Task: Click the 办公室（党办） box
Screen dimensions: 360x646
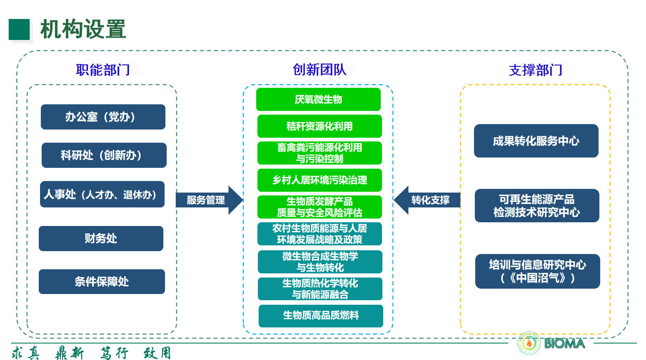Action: click(103, 117)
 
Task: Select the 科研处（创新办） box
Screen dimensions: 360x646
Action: click(104, 155)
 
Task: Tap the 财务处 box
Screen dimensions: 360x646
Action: click(101, 238)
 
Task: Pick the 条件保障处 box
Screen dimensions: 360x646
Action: click(102, 282)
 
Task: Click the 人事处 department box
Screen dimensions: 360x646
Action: click(102, 194)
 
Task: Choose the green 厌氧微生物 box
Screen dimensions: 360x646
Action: click(318, 99)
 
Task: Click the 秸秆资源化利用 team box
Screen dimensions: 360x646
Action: click(320, 126)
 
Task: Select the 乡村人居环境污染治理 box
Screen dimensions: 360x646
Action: click(320, 180)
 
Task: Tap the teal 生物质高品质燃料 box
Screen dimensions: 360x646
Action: click(321, 316)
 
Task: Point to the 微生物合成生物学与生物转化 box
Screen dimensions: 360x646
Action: click(320, 262)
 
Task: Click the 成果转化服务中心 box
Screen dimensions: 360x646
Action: click(536, 141)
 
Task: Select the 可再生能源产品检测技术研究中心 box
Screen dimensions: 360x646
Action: click(537, 206)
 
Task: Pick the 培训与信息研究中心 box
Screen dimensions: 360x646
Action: click(538, 271)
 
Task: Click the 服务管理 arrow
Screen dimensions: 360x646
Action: click(208, 200)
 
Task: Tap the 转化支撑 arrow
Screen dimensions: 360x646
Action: click(428, 200)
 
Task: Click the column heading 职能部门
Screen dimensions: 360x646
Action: click(103, 70)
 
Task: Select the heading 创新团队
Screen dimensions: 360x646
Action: click(320, 70)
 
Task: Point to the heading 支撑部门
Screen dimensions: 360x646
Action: click(536, 71)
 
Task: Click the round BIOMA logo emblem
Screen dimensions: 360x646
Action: click(529, 343)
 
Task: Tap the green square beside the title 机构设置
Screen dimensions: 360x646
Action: click(19, 30)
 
